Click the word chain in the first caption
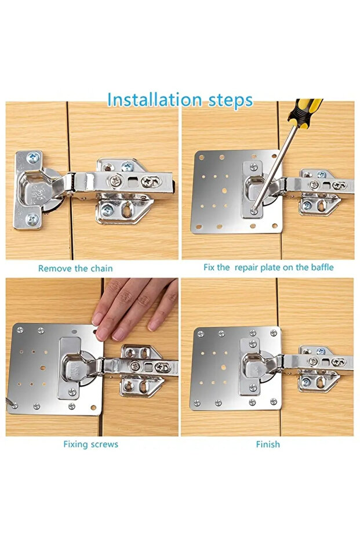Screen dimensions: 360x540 tap(101, 269)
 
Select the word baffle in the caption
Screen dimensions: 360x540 tap(322, 267)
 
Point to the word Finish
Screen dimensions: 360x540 tap(268, 444)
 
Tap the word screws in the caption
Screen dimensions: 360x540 tap(104, 445)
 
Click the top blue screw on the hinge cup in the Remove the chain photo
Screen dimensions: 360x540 tap(33, 158)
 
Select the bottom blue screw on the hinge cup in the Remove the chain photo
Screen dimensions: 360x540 tap(33, 219)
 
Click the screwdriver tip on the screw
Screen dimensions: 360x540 tap(254, 209)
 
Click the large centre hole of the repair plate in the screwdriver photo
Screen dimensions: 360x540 tap(224, 190)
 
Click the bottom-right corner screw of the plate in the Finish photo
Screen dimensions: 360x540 tap(274, 401)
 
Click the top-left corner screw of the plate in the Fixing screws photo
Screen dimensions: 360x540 tap(20, 330)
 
